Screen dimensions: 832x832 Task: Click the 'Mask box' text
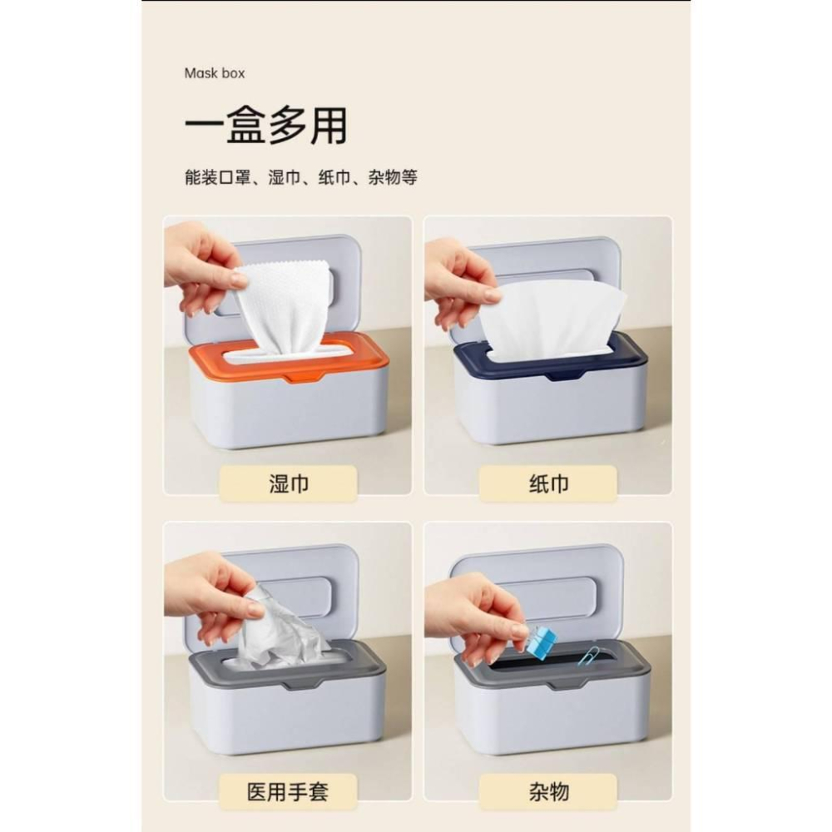click(x=214, y=73)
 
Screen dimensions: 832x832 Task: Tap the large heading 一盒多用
click(x=265, y=126)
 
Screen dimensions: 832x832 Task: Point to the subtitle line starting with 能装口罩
click(x=300, y=177)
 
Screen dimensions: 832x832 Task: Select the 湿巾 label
click(x=288, y=483)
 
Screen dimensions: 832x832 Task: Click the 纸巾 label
click(x=548, y=483)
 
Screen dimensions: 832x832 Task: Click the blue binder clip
click(x=541, y=642)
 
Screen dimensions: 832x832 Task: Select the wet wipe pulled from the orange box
click(x=283, y=304)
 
